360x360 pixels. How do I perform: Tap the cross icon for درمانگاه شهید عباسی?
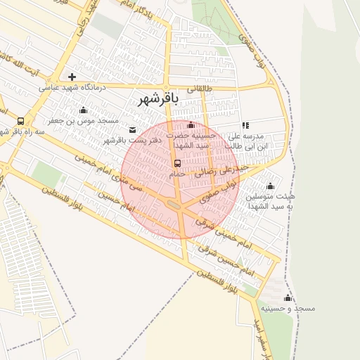72,76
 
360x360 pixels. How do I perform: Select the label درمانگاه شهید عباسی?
71,88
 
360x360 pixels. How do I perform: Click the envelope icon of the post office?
133,130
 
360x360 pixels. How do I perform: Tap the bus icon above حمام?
177,163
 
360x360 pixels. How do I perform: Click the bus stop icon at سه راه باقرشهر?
20,121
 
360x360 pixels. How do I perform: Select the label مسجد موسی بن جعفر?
82,120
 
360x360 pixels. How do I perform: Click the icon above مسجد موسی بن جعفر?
84,110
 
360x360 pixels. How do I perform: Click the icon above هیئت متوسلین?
270,186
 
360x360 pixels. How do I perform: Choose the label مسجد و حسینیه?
288,309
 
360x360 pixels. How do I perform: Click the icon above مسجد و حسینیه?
288,298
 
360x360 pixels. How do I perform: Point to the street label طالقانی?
198,89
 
